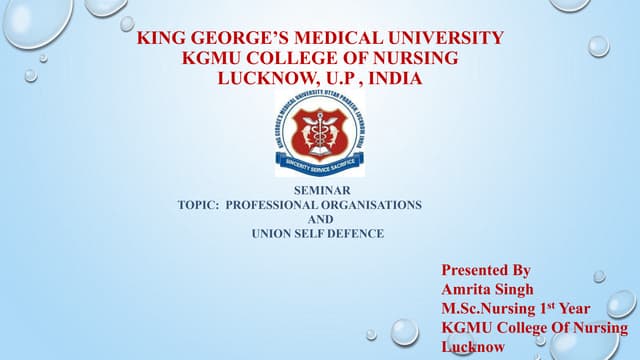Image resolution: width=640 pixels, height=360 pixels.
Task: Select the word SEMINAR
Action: tap(319, 189)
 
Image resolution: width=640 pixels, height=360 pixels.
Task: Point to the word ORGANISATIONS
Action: tap(372, 204)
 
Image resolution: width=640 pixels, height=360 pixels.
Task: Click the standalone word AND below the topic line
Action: tap(319, 219)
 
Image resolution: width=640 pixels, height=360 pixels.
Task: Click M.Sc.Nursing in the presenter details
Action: tap(487, 308)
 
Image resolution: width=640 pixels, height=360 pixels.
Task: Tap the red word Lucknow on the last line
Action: tap(473, 346)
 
